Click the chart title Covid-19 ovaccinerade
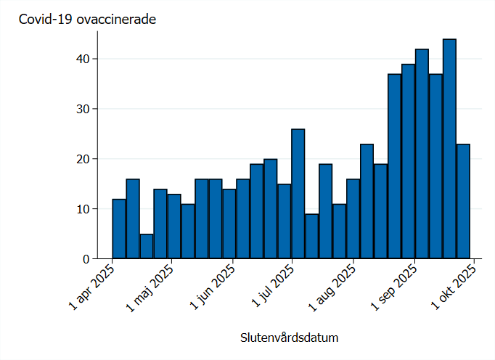pos(87,20)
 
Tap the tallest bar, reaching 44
pos(449,149)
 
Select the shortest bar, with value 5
pos(147,246)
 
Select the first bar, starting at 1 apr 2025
pos(119,229)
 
